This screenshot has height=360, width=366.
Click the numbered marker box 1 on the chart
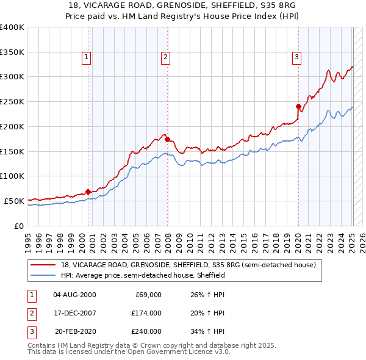click(x=87, y=58)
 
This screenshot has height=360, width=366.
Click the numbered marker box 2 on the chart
click(x=166, y=58)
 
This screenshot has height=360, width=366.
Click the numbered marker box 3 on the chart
click(x=296, y=58)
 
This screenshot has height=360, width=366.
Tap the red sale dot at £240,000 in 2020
click(x=298, y=106)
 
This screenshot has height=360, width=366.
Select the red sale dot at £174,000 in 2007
click(x=168, y=139)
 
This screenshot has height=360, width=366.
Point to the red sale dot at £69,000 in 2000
click(x=88, y=192)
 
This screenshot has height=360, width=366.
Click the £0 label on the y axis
click(x=20, y=226)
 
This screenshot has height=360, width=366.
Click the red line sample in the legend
click(x=43, y=265)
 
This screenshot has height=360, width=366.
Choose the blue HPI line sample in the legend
click(x=43, y=275)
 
